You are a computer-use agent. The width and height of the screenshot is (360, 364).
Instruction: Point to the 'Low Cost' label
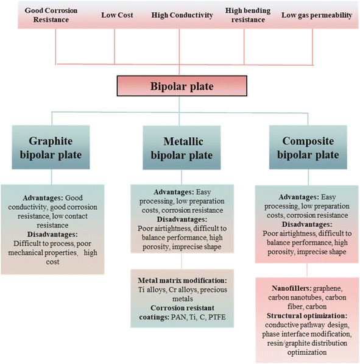115,15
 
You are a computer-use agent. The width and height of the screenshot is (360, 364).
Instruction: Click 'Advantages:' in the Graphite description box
45,198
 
